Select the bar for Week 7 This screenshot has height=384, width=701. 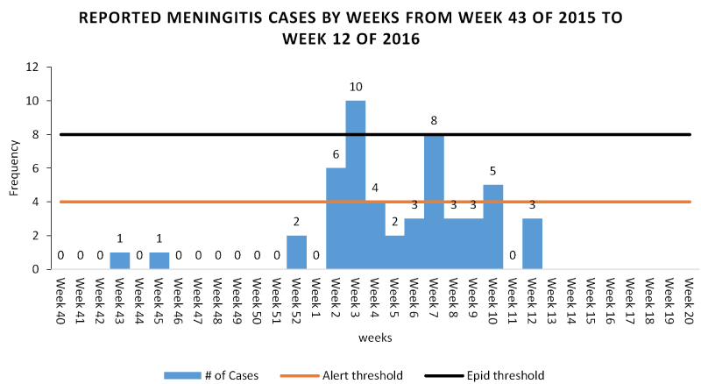(434, 202)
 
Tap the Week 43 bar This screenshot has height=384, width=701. (119, 260)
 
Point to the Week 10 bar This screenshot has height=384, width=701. (492, 227)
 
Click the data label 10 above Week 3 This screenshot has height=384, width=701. (355, 89)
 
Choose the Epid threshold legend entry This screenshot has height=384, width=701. (503, 375)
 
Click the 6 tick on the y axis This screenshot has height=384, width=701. (34, 168)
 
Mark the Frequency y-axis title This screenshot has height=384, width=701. (14, 168)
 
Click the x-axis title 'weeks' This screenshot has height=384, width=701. (374, 337)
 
